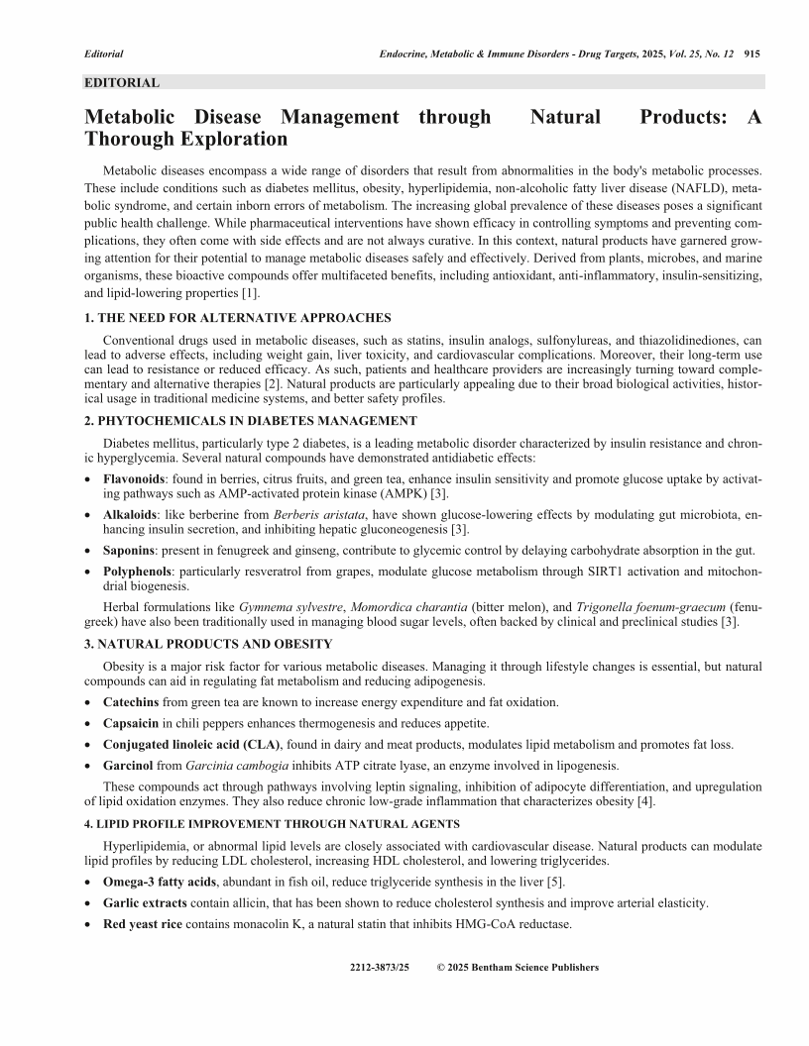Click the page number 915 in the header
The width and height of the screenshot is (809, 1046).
click(x=751, y=53)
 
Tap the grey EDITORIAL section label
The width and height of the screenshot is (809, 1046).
click(x=122, y=83)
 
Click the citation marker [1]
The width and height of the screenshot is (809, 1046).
click(x=252, y=294)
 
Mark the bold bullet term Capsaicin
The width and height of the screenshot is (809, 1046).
click(x=131, y=723)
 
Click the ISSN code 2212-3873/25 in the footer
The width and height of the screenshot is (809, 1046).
click(x=380, y=967)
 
